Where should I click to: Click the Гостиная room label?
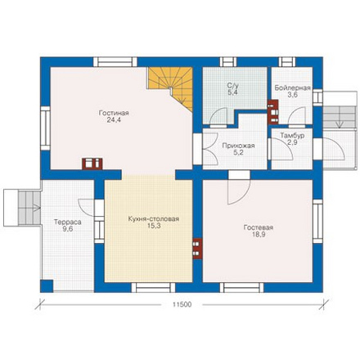point(114,113)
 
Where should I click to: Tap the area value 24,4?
point(114,119)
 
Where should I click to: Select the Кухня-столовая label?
point(154,218)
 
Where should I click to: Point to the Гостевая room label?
point(259,227)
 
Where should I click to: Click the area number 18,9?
point(259,234)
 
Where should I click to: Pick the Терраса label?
point(68,222)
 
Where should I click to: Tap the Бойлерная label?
point(292,88)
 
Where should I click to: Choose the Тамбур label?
point(292,136)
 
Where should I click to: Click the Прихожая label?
point(238,146)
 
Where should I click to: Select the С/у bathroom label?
point(232,85)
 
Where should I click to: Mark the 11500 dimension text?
point(182,304)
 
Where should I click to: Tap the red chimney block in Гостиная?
point(92,164)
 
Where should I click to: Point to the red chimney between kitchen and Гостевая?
point(197,249)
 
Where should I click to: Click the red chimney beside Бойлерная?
point(272,112)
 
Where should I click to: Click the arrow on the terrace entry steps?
point(36,209)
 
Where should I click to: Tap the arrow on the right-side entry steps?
point(340,124)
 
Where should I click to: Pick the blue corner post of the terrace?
point(47,286)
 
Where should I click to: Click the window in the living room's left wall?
point(45,128)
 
